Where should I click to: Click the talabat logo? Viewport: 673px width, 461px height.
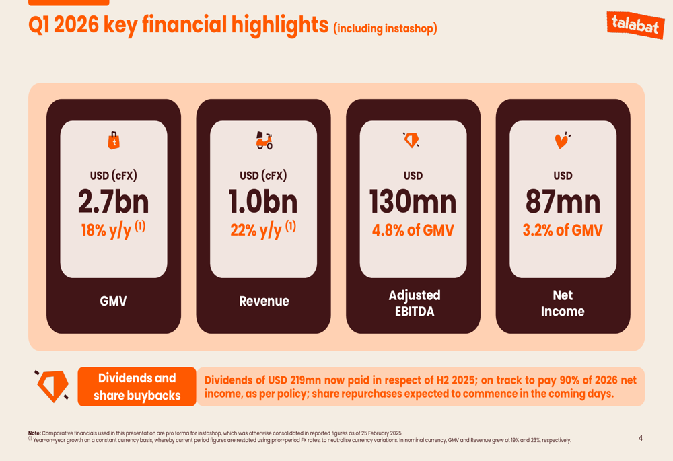(635, 24)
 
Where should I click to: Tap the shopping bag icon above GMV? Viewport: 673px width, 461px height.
(114, 141)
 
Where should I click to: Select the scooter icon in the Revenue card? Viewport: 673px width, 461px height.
(264, 141)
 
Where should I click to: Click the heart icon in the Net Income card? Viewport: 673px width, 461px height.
(562, 141)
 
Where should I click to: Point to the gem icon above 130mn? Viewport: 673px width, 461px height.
(411, 140)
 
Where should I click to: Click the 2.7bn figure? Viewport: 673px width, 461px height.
(113, 202)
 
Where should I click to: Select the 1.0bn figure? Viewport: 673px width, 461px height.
(263, 202)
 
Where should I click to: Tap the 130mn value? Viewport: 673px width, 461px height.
(413, 202)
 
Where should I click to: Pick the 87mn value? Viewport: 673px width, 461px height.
(563, 202)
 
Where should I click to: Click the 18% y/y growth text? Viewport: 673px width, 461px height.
(113, 229)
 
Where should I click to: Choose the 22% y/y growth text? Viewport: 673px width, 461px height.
(263, 229)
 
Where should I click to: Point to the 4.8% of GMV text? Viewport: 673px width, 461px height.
(413, 230)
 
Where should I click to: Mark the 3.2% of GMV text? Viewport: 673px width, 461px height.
(563, 230)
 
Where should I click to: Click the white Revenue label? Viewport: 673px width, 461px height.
(264, 301)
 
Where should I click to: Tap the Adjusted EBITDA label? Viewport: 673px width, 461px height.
(415, 303)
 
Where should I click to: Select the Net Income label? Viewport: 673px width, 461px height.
(563, 303)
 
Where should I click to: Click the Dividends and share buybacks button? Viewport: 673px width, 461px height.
(137, 386)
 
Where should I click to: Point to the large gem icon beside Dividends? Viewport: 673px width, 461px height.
(52, 386)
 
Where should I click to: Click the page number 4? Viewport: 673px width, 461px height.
(641, 438)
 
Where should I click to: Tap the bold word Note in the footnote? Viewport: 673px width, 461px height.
(34, 433)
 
